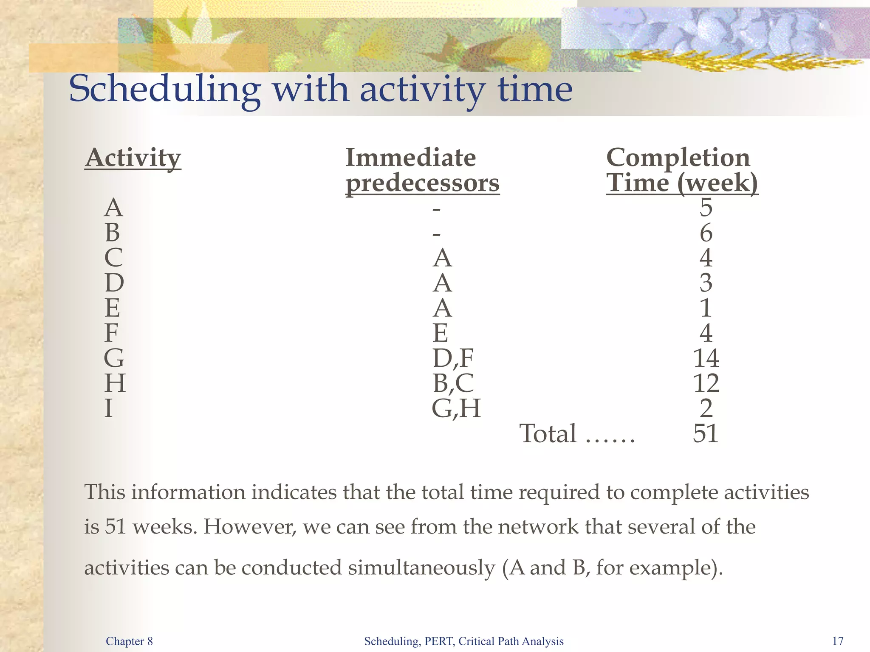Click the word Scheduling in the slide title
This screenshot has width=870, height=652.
(x=165, y=90)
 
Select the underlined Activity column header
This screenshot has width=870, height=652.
(x=133, y=158)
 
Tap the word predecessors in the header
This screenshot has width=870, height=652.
(x=422, y=183)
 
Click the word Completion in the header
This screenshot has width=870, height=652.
(x=678, y=158)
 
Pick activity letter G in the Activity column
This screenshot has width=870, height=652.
(x=114, y=358)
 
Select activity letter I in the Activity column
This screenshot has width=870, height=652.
(x=109, y=408)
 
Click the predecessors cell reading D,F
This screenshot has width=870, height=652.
(x=453, y=358)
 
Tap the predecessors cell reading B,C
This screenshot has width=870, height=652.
(x=453, y=383)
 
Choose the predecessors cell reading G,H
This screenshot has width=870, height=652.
(x=456, y=408)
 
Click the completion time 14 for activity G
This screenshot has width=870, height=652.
(x=706, y=358)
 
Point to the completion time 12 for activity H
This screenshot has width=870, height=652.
(x=706, y=383)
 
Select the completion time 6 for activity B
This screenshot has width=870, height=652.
(x=706, y=233)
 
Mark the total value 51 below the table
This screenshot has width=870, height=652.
(x=706, y=433)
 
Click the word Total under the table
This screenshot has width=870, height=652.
(x=548, y=433)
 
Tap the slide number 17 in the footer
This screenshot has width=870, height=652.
(x=838, y=641)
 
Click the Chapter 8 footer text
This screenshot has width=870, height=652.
(x=129, y=641)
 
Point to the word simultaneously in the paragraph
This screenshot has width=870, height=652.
(x=421, y=568)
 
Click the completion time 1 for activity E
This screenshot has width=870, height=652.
(x=706, y=308)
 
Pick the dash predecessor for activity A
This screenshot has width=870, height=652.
(x=436, y=209)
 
